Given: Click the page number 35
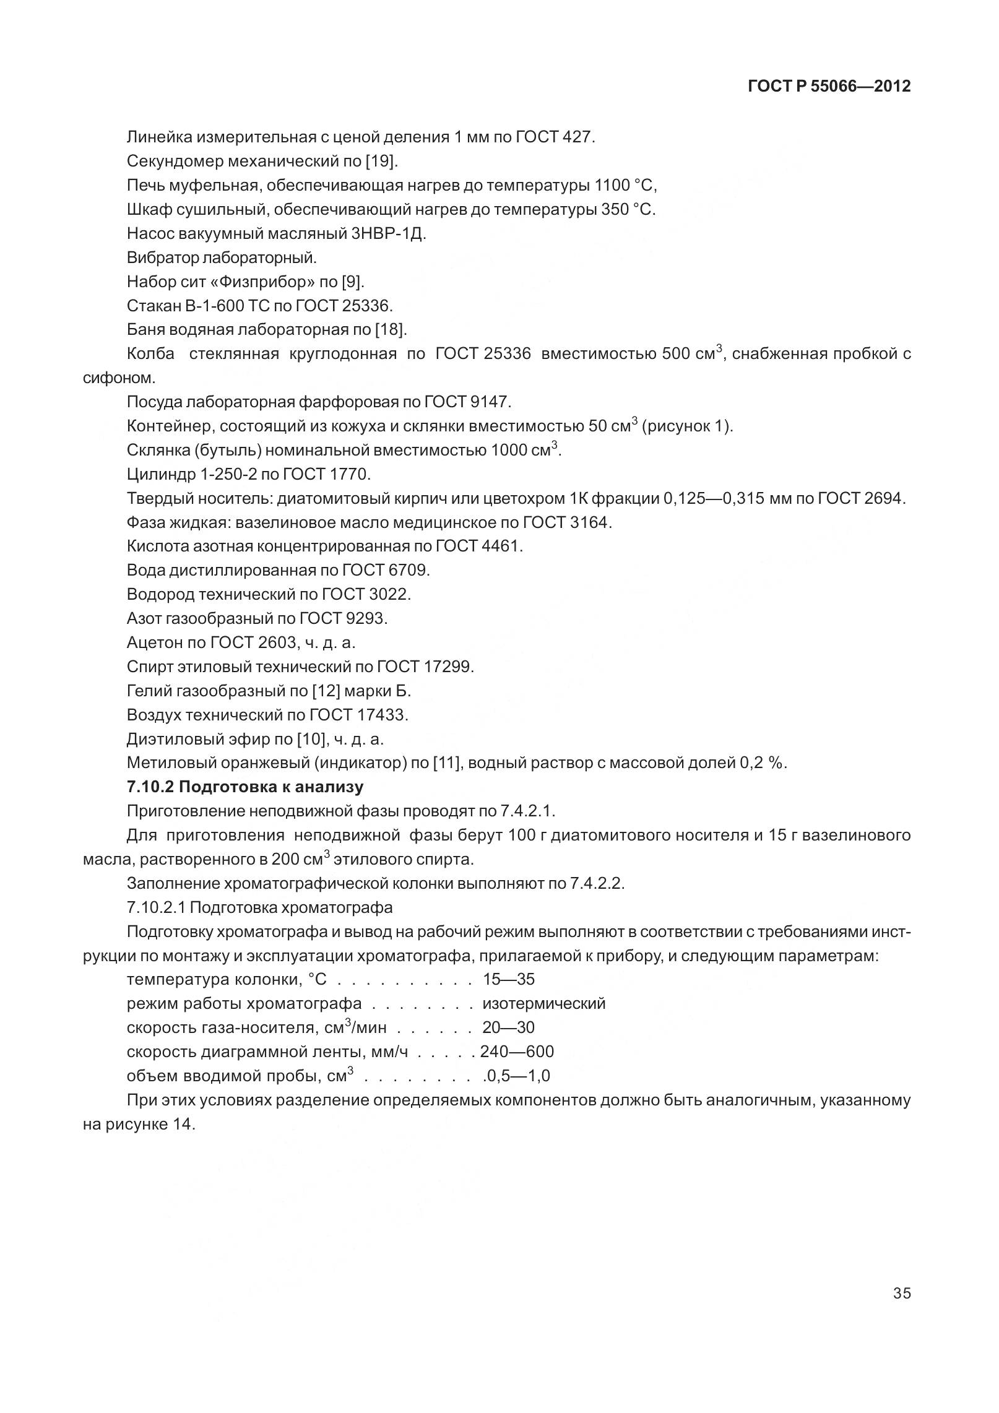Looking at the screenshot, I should (902, 1293).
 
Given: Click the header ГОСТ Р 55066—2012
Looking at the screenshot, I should (829, 87).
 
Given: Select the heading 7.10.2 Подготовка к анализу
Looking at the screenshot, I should (245, 787).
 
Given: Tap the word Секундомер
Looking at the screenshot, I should (175, 162).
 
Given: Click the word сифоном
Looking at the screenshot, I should (118, 378).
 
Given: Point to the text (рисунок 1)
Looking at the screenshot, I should (687, 426).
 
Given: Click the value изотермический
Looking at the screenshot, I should (543, 1003).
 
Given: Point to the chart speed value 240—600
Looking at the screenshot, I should (517, 1052).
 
